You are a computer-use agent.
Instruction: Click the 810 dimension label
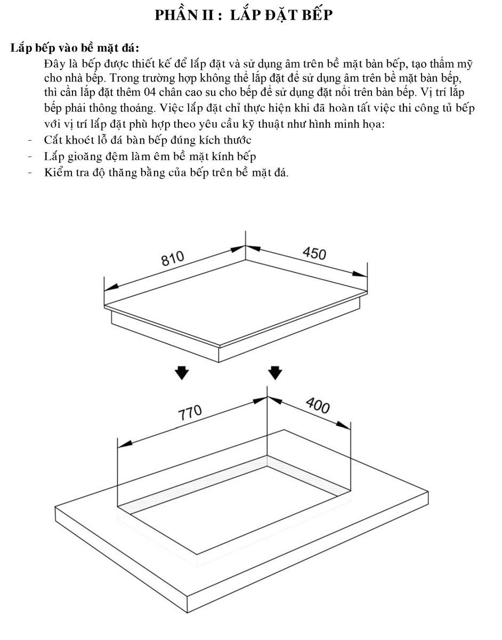tap(173, 258)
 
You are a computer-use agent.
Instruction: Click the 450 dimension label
tap(314, 253)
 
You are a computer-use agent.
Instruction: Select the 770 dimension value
tap(190, 413)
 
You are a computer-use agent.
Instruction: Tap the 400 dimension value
tap(318, 405)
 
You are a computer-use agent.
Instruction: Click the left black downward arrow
tap(182, 373)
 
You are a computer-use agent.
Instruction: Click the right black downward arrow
tap(275, 373)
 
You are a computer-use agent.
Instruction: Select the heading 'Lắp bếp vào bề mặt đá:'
tap(75, 47)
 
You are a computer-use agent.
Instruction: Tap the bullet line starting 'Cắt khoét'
tap(148, 140)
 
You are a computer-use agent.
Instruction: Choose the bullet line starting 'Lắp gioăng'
tap(150, 156)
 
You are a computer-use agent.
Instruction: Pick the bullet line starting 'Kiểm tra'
tap(166, 172)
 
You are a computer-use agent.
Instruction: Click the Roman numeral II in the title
tap(208, 15)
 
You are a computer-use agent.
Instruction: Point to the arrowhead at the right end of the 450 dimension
tap(360, 274)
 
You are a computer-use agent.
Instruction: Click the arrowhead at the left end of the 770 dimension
tap(125, 444)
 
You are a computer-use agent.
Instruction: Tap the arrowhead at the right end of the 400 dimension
tap(343, 425)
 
